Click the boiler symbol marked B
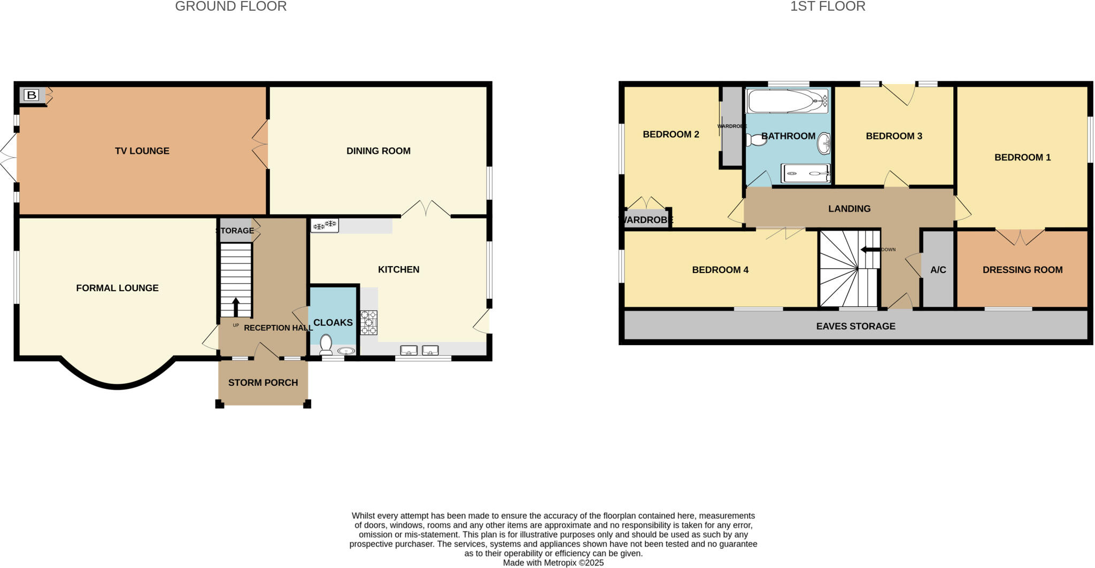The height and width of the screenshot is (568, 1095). click(x=32, y=96)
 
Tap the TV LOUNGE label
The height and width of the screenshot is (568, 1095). click(x=142, y=151)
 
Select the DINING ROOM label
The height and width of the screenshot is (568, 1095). click(x=379, y=151)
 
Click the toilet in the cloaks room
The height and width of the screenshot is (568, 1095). click(x=326, y=344)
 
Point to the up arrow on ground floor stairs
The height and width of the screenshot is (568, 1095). click(x=236, y=307)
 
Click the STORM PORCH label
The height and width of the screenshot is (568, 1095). click(x=263, y=383)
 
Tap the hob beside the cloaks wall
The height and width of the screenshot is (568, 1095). click(x=368, y=322)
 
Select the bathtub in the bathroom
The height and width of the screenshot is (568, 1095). click(x=786, y=100)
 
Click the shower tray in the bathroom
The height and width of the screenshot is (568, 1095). click(x=805, y=173)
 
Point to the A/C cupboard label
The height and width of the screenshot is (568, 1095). click(x=938, y=270)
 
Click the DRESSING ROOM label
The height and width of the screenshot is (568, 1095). click(x=1022, y=270)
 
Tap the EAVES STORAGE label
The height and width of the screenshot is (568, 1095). click(x=855, y=326)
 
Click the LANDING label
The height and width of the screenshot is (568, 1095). click(x=850, y=209)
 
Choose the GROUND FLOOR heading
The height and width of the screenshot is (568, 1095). click(x=231, y=6)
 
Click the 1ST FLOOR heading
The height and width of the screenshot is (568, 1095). click(x=828, y=6)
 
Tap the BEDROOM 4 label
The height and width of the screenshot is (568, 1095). click(x=720, y=270)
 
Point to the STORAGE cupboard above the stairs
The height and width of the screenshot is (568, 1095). click(x=236, y=230)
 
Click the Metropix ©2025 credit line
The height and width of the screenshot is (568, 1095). click(x=553, y=563)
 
